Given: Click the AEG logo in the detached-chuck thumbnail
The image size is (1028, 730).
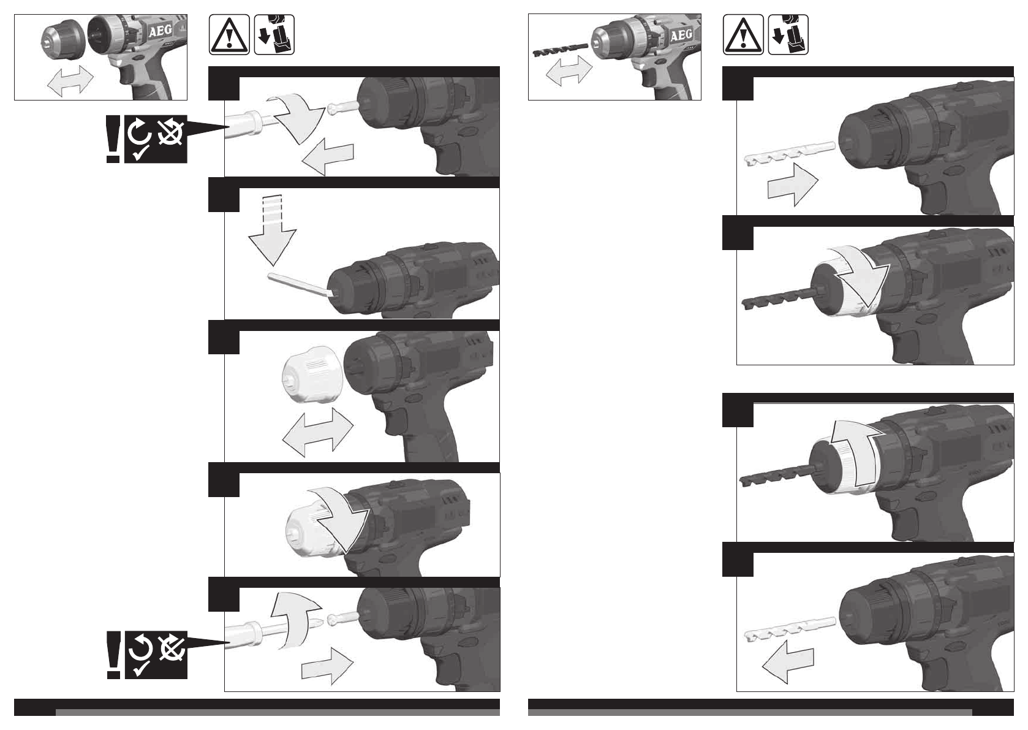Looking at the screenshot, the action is pyautogui.click(x=160, y=31).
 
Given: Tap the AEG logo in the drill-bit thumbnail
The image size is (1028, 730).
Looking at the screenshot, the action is pyautogui.click(x=682, y=36).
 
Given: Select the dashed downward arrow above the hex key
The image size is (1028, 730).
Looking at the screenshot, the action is pyautogui.click(x=272, y=230).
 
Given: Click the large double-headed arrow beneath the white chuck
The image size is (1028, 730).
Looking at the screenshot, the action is pyautogui.click(x=317, y=432).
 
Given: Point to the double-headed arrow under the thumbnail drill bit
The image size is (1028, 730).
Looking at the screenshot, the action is pyautogui.click(x=569, y=70).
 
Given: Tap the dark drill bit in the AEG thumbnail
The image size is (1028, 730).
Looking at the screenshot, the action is pyautogui.click(x=561, y=50).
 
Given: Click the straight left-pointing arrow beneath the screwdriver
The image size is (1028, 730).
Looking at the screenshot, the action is pyautogui.click(x=328, y=157).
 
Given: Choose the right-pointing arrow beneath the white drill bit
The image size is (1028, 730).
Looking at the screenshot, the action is pyautogui.click(x=793, y=184).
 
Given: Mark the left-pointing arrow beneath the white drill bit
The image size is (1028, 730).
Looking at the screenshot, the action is pyautogui.click(x=788, y=661).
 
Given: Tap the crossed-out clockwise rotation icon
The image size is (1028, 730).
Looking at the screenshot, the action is pyautogui.click(x=171, y=132).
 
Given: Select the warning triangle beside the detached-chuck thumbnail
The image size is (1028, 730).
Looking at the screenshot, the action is pyautogui.click(x=229, y=35).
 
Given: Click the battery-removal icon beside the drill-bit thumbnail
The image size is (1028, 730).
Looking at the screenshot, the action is pyautogui.click(x=788, y=35).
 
